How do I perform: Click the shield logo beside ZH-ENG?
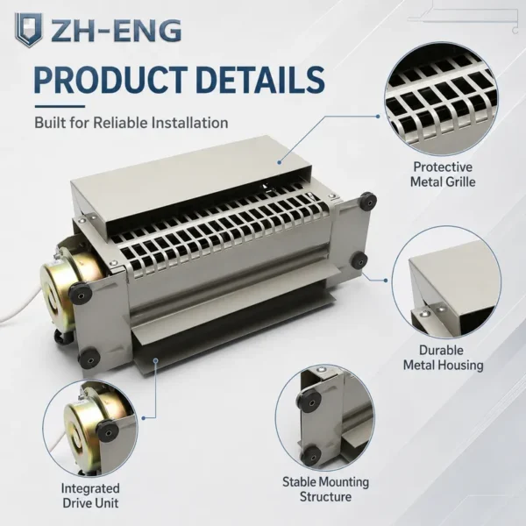tap(29, 30)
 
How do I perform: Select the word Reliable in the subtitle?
tap(121, 123)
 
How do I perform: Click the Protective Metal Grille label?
tap(443, 174)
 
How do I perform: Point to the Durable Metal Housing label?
tap(443, 358)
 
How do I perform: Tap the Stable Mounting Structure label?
tap(325, 489)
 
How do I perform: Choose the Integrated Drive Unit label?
tap(90, 495)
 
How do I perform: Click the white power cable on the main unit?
tap(20, 306)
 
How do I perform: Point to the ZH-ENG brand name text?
tap(116, 31)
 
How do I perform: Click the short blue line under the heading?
tap(60, 107)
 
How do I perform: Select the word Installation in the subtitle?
tap(190, 123)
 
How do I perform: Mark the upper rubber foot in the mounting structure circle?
tap(310, 402)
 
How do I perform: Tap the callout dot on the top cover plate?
tap(280, 162)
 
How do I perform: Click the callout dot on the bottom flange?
tap(156, 360)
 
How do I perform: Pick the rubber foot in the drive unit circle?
tap(107, 430)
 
